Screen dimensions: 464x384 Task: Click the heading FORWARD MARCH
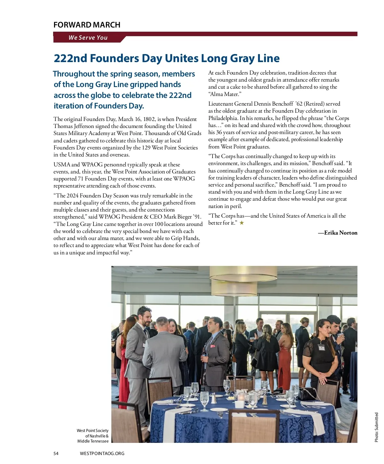pyautogui.click(x=87, y=25)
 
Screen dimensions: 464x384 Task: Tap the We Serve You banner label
pyautogui.click(x=88, y=38)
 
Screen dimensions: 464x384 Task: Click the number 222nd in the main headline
pyautogui.click(x=70, y=59)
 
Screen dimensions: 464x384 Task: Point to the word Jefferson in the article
pyautogui.click(x=84, y=126)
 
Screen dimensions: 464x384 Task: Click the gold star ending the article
pyautogui.click(x=242, y=223)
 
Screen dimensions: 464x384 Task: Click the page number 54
pyautogui.click(x=56, y=453)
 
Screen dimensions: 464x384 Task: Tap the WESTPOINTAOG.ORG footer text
pyautogui.click(x=102, y=453)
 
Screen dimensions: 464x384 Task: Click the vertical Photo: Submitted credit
pyautogui.click(x=376, y=427)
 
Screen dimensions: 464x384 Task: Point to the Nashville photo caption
pyautogui.click(x=93, y=436)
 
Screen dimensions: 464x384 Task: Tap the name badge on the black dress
pyautogui.click(x=321, y=347)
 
